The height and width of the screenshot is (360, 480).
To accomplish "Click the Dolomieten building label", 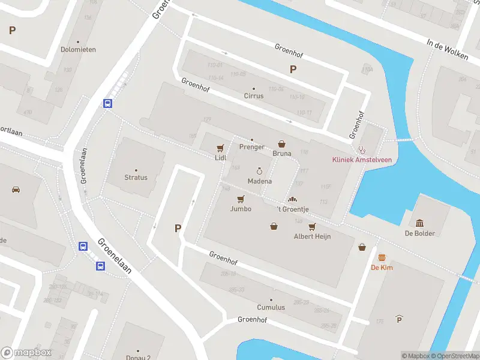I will coord(78,50).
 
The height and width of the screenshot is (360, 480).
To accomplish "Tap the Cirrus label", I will coord(253,96).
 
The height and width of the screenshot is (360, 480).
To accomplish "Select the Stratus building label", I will coord(136,178).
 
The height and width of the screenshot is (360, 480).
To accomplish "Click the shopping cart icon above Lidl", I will coord(220,148).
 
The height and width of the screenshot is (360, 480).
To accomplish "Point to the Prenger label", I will coord(251,147).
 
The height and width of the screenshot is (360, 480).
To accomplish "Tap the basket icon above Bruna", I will coord(282,144).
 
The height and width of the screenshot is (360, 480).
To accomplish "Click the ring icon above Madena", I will coord(259,171).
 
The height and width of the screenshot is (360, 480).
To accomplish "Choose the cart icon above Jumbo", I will coord(241,199).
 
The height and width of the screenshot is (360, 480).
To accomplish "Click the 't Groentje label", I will coord(293,209).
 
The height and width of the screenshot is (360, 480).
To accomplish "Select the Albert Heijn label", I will coord(312,236).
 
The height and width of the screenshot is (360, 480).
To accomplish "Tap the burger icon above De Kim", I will coord(382,257).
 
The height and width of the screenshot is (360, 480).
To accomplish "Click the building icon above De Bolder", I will coord(419,223).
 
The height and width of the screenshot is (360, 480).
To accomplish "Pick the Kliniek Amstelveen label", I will coord(362,159).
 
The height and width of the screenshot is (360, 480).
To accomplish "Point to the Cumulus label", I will coord(271,307).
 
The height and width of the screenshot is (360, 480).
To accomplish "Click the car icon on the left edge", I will coord(16,189).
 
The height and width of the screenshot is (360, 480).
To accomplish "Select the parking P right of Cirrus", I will coord(293,69).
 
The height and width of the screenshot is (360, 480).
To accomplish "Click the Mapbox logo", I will coord(26,353).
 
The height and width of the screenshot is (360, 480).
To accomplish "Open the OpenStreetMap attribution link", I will coord(454,356).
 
